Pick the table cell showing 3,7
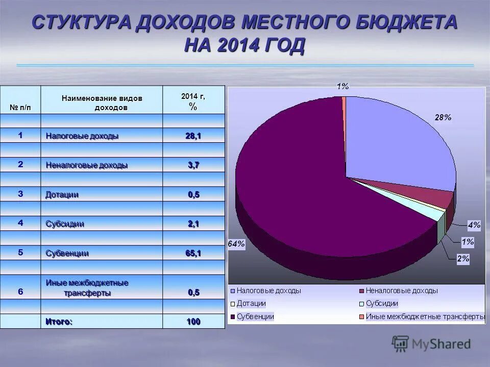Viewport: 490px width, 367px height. tap(193, 165)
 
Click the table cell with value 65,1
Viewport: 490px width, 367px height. tap(193, 253)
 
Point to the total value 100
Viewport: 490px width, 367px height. tap(193, 322)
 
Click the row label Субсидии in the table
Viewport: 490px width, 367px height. tap(65, 224)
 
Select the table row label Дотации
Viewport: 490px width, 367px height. tap(62, 195)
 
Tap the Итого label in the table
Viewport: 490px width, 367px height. tap(59, 322)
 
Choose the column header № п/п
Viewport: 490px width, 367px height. tap(20, 107)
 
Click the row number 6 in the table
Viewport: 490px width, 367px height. tap(20, 292)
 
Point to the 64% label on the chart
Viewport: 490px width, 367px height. tap(236, 244)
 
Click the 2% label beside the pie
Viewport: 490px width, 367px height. tap(463, 259)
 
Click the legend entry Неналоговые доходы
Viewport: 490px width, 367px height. tap(401, 291)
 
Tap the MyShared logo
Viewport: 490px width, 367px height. tap(431, 344)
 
